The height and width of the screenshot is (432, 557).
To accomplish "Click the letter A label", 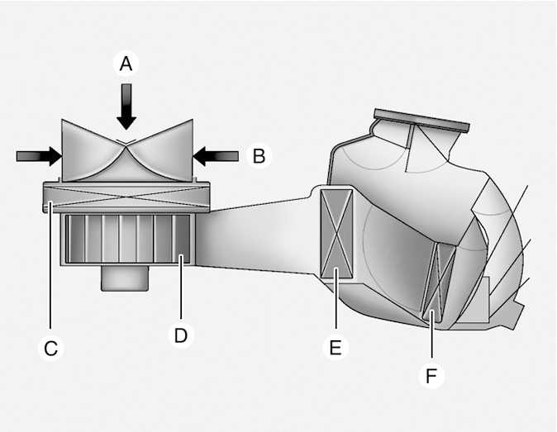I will point(126,64).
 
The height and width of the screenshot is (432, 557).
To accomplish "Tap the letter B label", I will point(259,155).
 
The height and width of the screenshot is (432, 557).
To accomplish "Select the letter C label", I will point(50,349).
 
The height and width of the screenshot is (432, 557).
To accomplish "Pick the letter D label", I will point(180,335).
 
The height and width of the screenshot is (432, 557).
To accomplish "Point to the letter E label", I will point(335,348).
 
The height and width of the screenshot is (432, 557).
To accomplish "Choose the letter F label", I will point(431,376).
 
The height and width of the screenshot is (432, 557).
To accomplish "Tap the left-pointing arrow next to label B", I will point(217,154).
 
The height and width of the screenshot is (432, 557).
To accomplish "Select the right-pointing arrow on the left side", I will point(38,154).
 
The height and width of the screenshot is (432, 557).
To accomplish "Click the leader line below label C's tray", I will point(50,273).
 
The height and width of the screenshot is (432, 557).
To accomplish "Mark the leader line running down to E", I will point(336,306).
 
